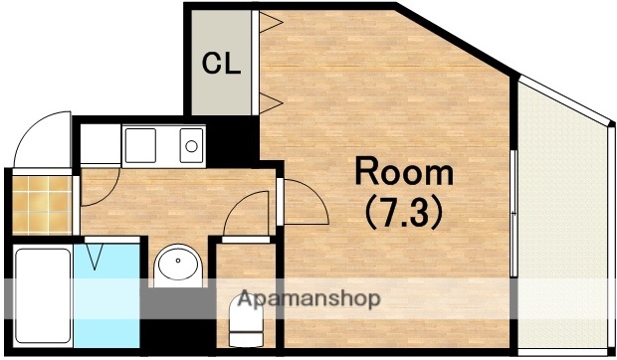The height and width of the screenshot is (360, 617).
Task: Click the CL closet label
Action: tap(221, 65)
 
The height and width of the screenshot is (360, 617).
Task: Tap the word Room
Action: tap(404, 173)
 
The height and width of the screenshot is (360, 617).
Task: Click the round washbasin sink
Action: tap(178, 265)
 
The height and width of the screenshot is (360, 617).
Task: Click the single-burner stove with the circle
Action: tap(191, 147)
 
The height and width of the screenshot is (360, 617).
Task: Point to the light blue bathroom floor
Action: tap(109, 288)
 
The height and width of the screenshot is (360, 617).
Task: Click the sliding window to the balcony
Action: tap(513, 214)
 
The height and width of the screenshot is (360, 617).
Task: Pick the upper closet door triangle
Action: tap(268, 24)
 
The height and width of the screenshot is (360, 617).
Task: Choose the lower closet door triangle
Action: tap(268, 99)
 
